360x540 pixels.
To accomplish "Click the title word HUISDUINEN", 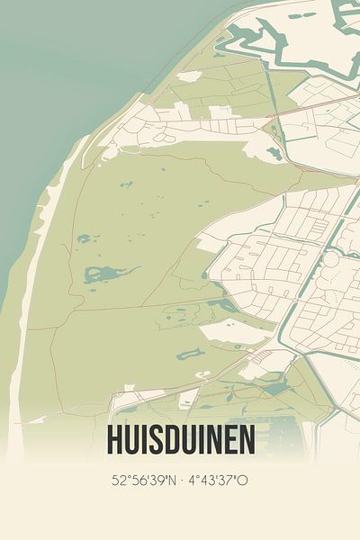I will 180,440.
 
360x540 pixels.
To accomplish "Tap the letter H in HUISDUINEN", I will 114,440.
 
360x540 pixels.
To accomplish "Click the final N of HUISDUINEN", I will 246,440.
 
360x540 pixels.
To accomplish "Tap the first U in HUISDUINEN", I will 132,440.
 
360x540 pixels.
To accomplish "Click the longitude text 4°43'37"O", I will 217,481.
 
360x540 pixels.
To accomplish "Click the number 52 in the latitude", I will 119,481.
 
